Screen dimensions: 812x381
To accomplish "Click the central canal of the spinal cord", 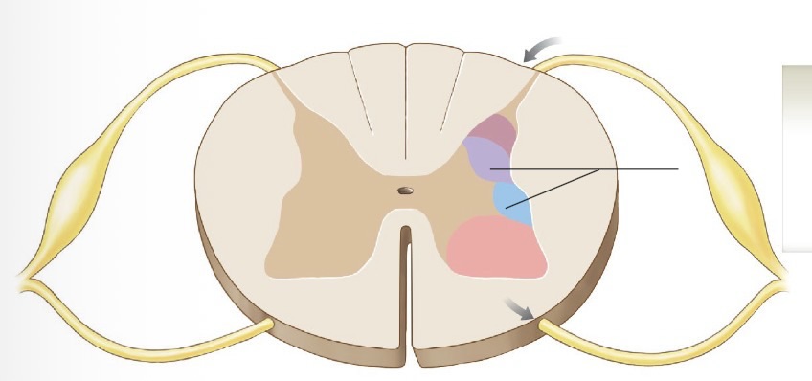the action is click(x=406, y=190).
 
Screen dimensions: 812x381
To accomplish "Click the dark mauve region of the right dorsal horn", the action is click(x=493, y=129).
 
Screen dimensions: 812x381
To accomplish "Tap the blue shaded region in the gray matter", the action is click(x=511, y=202).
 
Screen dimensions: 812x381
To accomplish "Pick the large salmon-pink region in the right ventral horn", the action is click(x=493, y=248).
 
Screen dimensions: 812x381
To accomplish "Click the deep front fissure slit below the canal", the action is click(x=407, y=287).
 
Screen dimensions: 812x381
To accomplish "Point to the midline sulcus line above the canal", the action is click(x=406, y=105).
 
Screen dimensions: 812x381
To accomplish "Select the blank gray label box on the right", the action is click(x=797, y=158).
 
